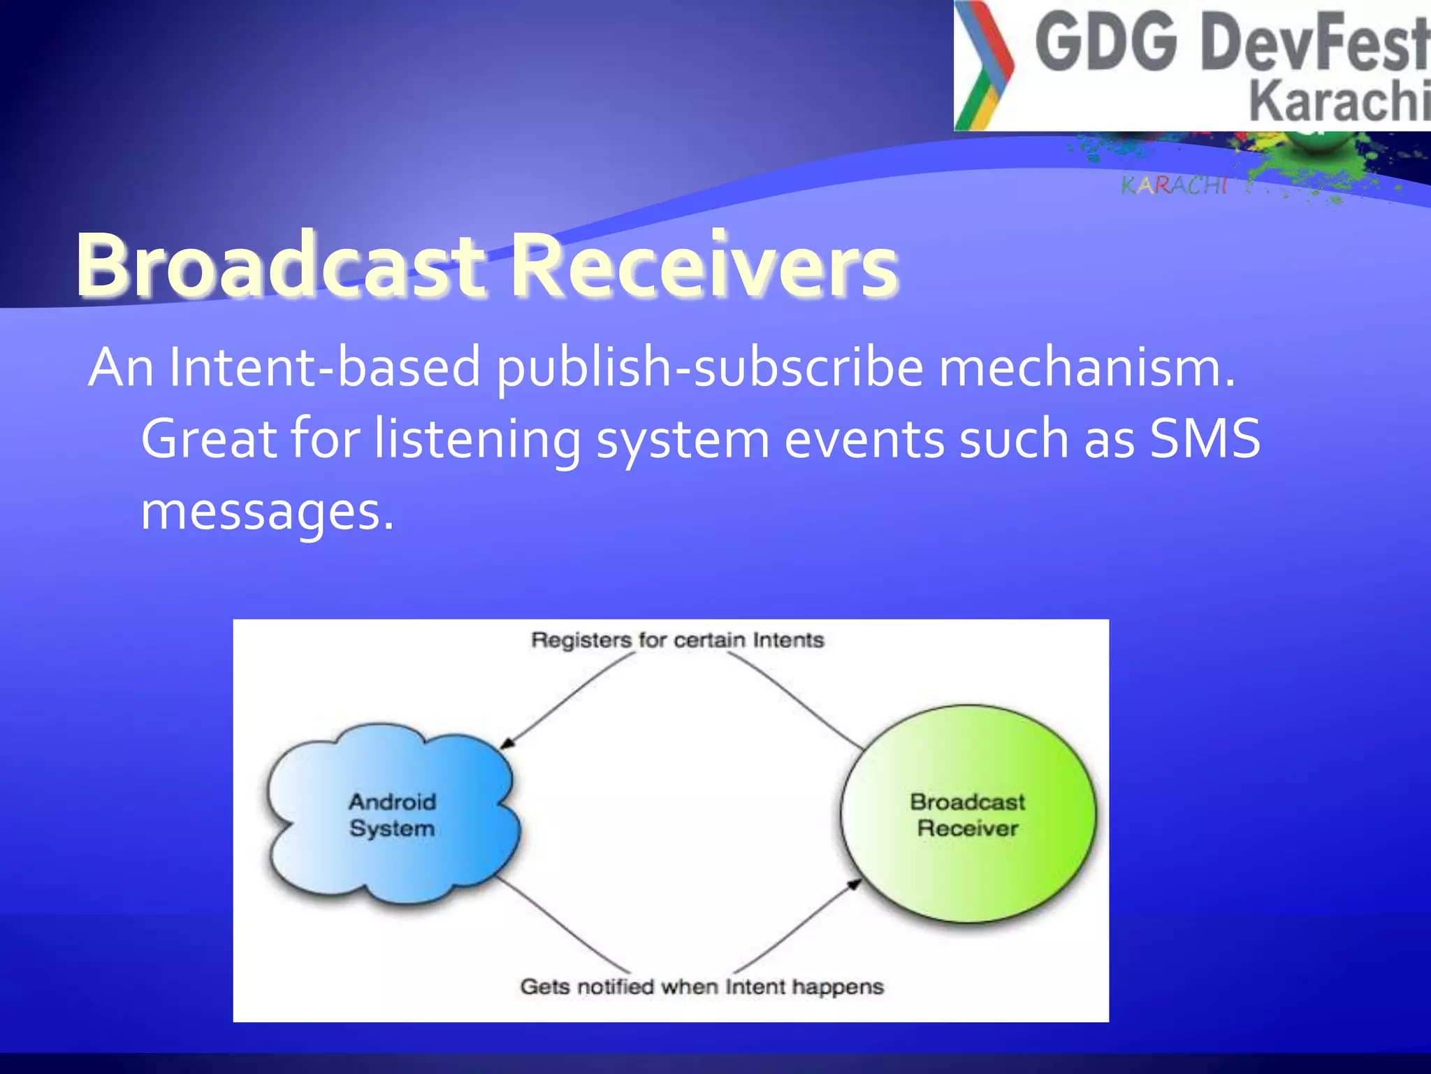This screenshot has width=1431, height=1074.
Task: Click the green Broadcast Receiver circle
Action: coord(968,815)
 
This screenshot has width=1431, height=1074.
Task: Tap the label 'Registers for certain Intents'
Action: coord(677,640)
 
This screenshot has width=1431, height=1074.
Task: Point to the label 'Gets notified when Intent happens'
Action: coord(702,987)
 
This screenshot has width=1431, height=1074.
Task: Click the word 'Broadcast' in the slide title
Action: coord(279,266)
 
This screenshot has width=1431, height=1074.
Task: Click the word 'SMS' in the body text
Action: coord(1205,439)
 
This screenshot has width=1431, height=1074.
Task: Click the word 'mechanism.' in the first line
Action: coord(1087,368)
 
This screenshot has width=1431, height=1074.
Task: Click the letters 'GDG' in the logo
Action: coord(1107,43)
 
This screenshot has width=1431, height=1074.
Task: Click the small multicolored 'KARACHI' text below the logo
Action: coord(1174,185)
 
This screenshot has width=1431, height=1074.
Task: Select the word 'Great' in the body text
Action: coord(210,439)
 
